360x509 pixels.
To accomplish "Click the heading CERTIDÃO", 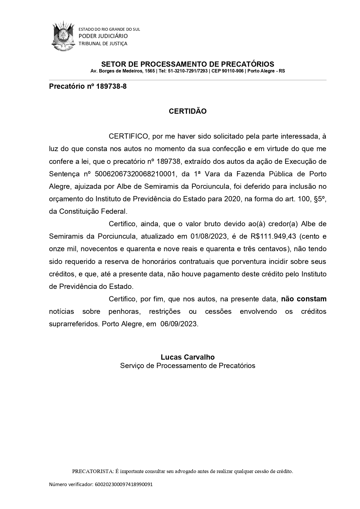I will [188, 111].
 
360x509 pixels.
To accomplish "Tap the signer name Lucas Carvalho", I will [188, 357].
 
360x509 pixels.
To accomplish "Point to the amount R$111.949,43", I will [273, 236].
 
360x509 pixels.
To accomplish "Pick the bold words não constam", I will [304, 299].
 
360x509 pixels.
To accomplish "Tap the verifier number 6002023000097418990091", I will [124, 484].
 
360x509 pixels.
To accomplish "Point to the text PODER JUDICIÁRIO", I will [103, 36].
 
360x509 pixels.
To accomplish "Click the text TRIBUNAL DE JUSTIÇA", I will [103, 44].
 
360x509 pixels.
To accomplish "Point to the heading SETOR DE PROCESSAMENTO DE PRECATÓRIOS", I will [188, 64].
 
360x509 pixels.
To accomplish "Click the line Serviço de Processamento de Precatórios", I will [188, 365].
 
